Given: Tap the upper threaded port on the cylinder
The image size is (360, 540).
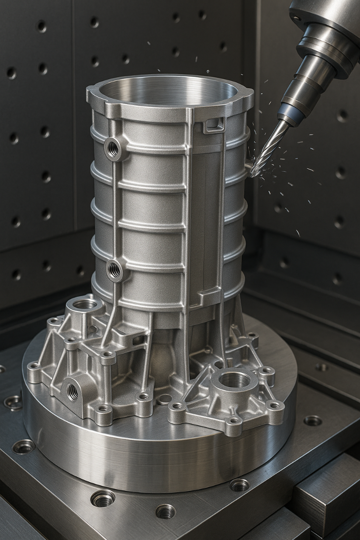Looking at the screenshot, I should pyautogui.click(x=113, y=149).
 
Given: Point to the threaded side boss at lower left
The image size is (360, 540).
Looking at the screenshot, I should pyautogui.click(x=72, y=391).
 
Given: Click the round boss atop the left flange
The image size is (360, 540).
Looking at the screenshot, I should pyautogui.click(x=84, y=304).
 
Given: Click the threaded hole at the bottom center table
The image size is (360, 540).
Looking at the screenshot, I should pyautogui.click(x=165, y=511).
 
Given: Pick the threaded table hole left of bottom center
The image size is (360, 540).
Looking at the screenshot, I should pyautogui.click(x=102, y=498).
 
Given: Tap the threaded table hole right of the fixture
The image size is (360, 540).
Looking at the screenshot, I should pyautogui.click(x=313, y=420).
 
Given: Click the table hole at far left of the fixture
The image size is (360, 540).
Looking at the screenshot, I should pyautogui.click(x=13, y=402).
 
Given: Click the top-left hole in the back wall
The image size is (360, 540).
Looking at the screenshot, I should pyautogui.click(x=42, y=26).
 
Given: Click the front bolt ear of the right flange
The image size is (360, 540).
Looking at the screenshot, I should pyautogui.click(x=234, y=420).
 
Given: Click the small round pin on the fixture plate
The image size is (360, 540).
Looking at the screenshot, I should pyautogui.click(x=164, y=399).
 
